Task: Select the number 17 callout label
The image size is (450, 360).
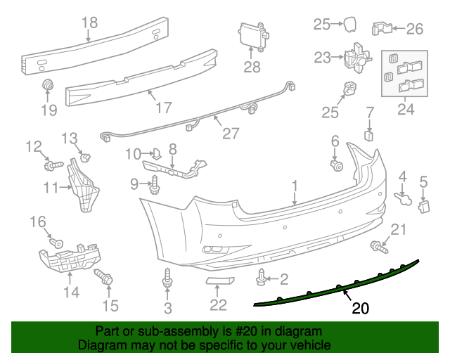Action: click(x=163, y=108)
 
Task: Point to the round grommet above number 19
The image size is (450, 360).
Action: click(x=49, y=86)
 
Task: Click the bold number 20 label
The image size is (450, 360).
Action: click(x=360, y=308)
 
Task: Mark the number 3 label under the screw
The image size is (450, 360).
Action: click(x=167, y=307)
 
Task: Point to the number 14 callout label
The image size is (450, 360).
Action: click(x=72, y=290)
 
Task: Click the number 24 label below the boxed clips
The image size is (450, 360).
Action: click(x=406, y=109)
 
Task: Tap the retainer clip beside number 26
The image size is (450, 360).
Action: click(x=380, y=29)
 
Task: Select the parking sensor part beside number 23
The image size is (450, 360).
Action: click(x=356, y=57)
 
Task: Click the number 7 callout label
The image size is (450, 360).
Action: click(x=370, y=112)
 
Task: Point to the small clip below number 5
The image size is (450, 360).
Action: click(x=424, y=205)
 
